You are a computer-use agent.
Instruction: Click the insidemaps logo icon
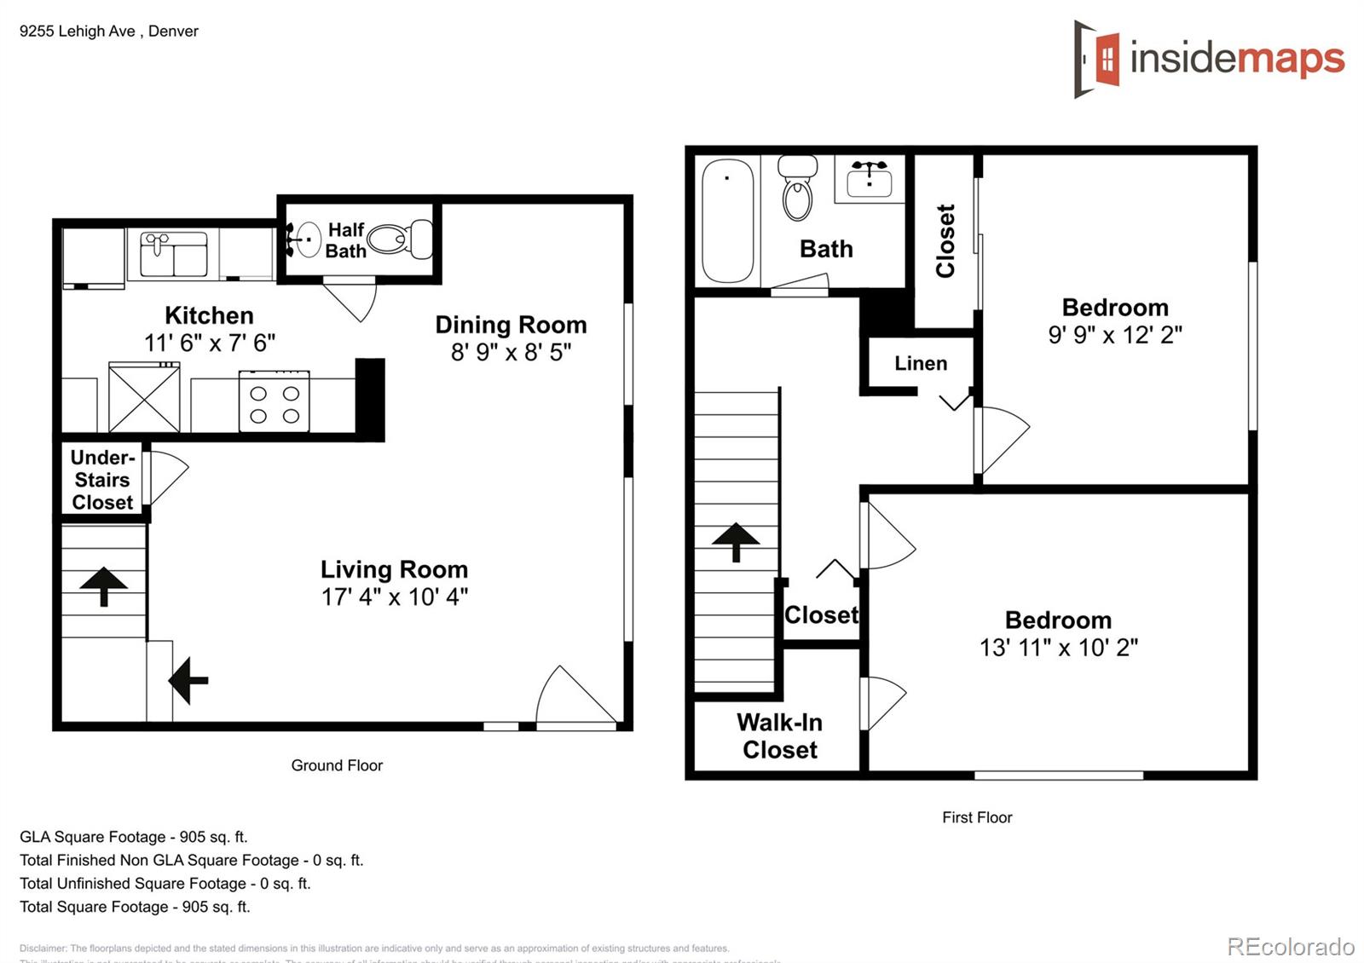(1096, 59)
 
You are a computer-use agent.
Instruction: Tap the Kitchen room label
(209, 315)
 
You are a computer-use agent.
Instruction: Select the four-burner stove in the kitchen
(274, 401)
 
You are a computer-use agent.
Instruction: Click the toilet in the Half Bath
(401, 239)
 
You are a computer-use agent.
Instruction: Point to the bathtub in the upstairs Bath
(727, 220)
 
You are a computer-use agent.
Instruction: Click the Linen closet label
(921, 363)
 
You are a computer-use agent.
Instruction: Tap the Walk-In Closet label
(779, 735)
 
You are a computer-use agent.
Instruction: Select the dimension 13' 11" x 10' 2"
(1058, 648)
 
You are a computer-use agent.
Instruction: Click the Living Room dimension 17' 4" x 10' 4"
(394, 597)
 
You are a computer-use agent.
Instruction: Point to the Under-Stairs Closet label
(102, 480)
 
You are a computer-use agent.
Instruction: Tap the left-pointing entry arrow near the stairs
(188, 680)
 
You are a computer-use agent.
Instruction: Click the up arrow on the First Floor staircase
(735, 541)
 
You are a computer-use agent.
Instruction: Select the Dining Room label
(511, 325)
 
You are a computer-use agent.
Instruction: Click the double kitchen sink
(174, 254)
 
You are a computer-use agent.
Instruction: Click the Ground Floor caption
(337, 765)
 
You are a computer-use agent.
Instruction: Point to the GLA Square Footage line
(134, 837)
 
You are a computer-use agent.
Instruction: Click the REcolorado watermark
(1290, 947)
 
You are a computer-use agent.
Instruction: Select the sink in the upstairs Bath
(869, 177)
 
